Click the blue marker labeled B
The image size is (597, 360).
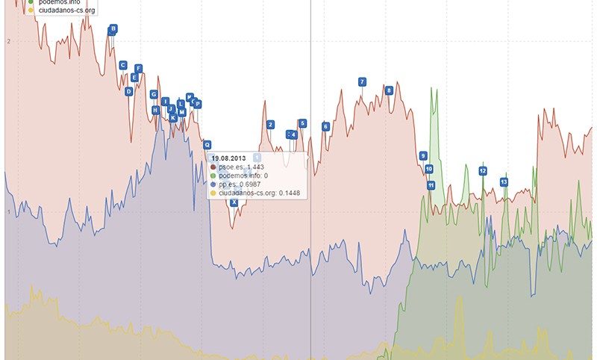click(113, 29)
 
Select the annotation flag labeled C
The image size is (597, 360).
click(123, 65)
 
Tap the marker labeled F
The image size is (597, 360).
click(138, 69)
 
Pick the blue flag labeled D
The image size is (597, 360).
click(129, 91)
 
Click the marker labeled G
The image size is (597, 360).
click(154, 95)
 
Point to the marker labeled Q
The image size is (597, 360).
click(207, 145)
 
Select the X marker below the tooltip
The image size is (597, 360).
click(234, 202)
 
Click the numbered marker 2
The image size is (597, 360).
click(270, 125)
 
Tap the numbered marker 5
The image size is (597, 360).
click(302, 123)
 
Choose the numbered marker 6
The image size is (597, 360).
click(325, 126)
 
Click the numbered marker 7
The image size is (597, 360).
click(362, 81)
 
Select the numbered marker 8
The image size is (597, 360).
click(389, 90)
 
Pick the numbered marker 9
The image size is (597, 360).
click(423, 155)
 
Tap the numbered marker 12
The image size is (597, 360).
click(483, 171)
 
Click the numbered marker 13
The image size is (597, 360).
click(504, 181)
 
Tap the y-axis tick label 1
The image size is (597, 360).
click(7, 213)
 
